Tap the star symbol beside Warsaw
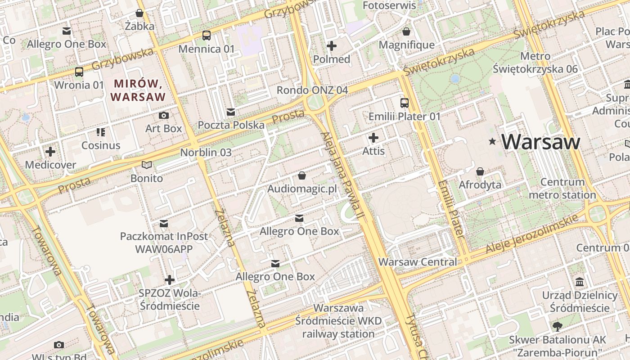493,142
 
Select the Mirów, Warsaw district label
138,90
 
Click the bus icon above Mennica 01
207,36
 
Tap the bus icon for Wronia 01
79,72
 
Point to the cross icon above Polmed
332,46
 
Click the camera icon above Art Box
164,116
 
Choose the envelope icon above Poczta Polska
231,112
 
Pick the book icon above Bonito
147,165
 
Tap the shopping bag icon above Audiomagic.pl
302,175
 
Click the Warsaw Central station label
417,262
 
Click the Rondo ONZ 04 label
312,90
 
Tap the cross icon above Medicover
50,152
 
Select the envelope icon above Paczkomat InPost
164,224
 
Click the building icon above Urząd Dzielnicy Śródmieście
580,282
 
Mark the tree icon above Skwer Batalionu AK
557,326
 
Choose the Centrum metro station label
562,189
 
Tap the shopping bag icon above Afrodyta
480,171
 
